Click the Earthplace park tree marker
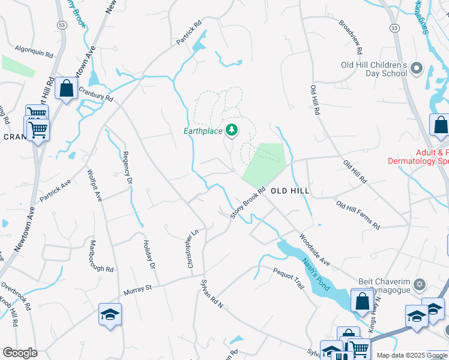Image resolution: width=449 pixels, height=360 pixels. [231, 130]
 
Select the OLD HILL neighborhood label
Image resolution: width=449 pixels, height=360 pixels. [290, 191]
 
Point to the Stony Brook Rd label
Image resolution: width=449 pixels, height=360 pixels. [248, 204]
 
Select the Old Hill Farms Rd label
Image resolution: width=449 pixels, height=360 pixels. [358, 215]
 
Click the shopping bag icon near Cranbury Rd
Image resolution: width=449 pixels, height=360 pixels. [66, 89]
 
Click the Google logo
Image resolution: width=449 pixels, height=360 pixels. [20, 353]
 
